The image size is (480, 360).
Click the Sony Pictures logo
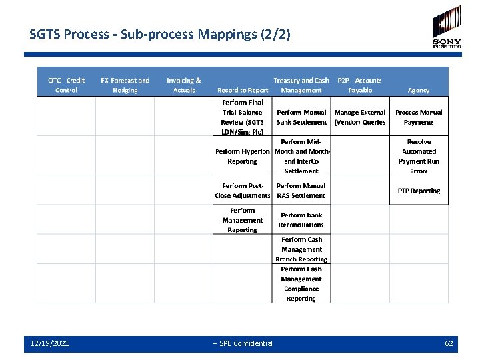coord(446,27)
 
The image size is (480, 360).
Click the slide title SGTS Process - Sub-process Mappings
coord(160,33)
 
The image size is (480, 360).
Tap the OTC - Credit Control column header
coord(66,85)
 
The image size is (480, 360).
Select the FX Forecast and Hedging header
coord(125,85)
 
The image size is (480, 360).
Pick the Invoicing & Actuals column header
coord(184,85)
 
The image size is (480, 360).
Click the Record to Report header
coord(243,90)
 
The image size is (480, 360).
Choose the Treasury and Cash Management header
coord(301,85)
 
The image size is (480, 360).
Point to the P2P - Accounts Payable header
coord(360,85)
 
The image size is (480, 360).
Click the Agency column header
coord(419,90)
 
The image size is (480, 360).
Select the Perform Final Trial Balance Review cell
coord(242,117)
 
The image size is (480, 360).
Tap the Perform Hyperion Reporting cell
coord(242,157)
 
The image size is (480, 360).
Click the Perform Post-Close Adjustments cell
coord(242,191)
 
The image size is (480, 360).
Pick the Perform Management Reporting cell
coord(242,220)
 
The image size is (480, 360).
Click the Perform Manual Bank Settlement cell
coord(301,117)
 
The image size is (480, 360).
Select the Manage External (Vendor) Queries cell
coord(360,117)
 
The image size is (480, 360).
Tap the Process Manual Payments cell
coord(419,117)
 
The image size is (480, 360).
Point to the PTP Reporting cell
coord(419,191)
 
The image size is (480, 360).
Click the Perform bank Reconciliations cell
coord(301,220)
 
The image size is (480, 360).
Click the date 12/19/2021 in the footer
coord(49,343)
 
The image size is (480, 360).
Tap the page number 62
coord(449,343)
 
